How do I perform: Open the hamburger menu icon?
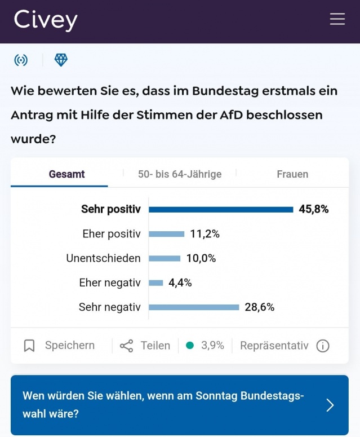click(x=337, y=19)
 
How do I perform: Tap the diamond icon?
click(x=61, y=60)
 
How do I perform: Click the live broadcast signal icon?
click(x=21, y=60)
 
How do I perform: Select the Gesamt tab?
click(x=66, y=174)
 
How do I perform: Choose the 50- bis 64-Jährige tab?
click(x=180, y=174)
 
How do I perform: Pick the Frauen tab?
click(x=292, y=174)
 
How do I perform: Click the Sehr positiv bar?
click(x=221, y=209)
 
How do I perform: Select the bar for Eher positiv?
click(x=167, y=234)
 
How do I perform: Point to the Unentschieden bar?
click(x=165, y=258)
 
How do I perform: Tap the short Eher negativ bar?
click(x=156, y=283)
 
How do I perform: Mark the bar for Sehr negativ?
click(x=194, y=307)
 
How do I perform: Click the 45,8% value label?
click(x=314, y=209)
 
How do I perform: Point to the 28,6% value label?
click(x=260, y=307)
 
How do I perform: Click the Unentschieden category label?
click(x=103, y=258)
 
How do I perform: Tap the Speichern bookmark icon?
click(x=29, y=346)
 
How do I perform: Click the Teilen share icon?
click(x=127, y=346)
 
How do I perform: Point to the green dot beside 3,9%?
click(x=190, y=345)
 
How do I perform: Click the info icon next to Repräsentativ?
click(x=323, y=346)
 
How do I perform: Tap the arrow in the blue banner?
click(x=330, y=405)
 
